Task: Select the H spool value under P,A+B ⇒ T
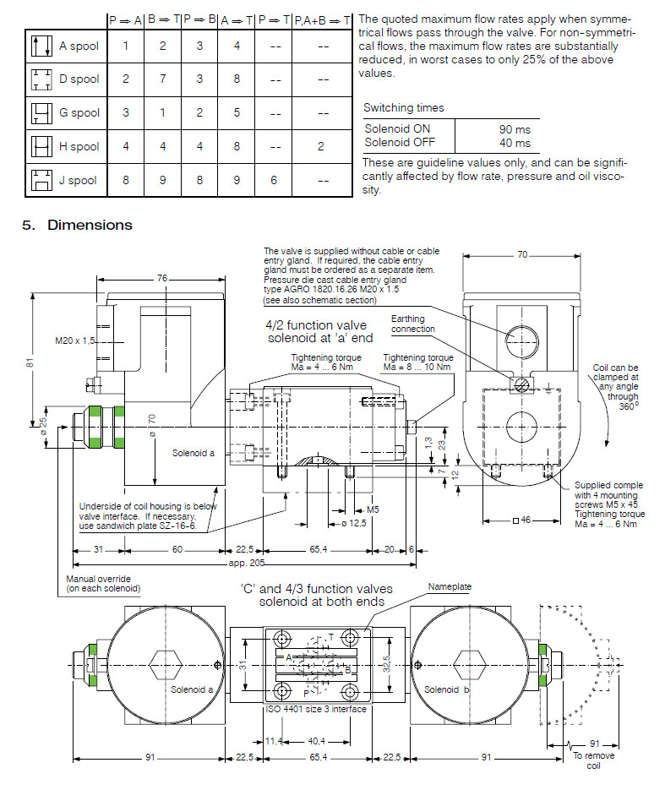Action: pos(321,146)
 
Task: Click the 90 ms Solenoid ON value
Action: pos(515,129)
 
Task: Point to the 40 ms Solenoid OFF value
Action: pos(515,143)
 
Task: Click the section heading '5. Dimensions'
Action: pos(77,225)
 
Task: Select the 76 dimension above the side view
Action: pos(162,279)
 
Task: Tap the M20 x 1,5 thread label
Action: pos(74,341)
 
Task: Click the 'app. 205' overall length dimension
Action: pos(246,563)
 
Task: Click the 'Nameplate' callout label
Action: pos(450,586)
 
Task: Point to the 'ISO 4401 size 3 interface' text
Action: pos(317,709)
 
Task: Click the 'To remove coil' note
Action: pos(601,760)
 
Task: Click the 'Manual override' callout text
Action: pos(102,583)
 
